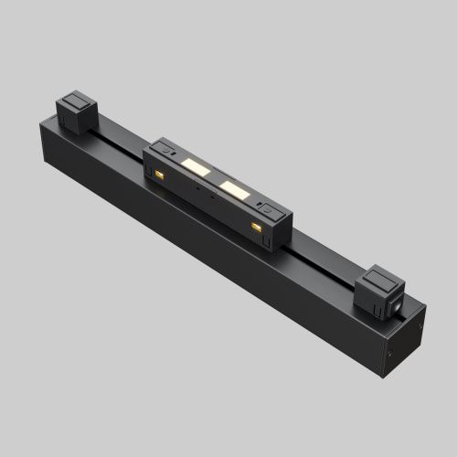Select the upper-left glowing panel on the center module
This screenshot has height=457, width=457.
click(x=194, y=165)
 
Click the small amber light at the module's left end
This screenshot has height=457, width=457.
click(x=160, y=174)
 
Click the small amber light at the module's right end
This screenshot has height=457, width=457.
click(x=256, y=225)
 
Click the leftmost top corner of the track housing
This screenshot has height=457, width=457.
click(x=41, y=125)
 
